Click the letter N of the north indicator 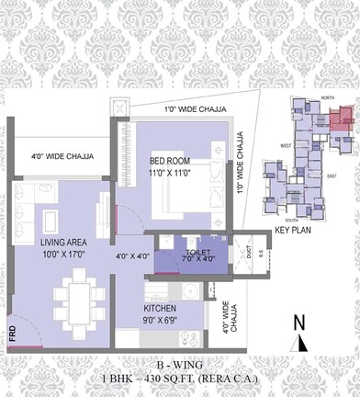(298, 322)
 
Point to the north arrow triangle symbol (300, 343)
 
